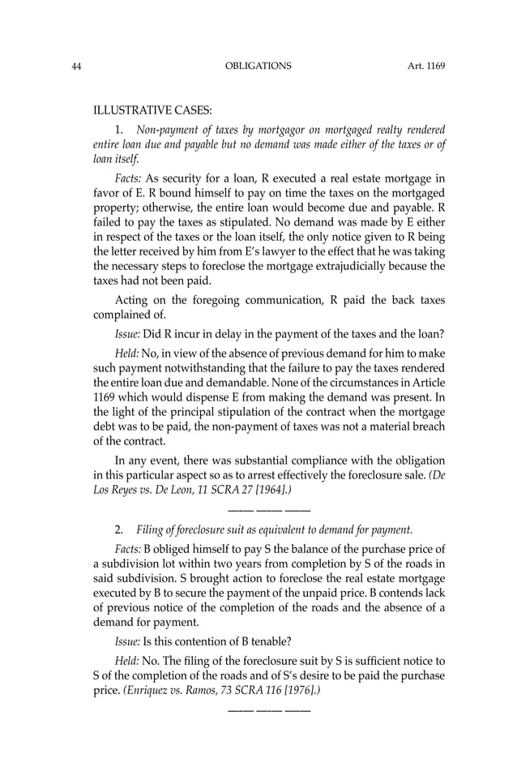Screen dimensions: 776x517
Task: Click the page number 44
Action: (x=77, y=66)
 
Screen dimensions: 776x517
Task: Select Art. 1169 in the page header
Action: (x=426, y=66)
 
